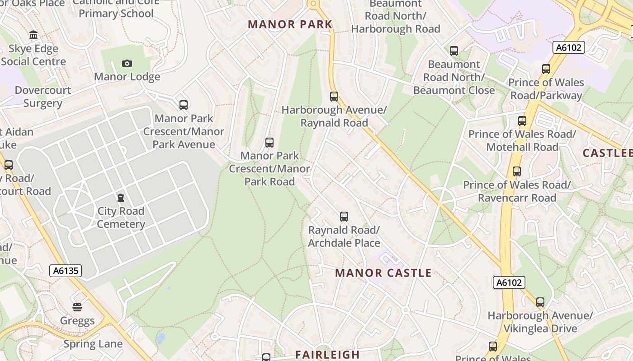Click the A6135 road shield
pos(66,271)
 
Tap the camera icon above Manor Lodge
pos(127,63)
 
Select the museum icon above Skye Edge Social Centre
pos(33,35)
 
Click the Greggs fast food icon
pos(77,307)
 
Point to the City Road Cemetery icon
pos(121,198)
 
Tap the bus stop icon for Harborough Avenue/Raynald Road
pos(334,96)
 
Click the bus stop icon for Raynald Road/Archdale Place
pos(344,217)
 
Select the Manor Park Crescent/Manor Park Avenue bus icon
pos(184,105)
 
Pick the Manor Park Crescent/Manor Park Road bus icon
pos(269,143)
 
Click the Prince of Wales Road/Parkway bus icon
pos(546,69)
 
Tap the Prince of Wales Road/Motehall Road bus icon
pos(522,121)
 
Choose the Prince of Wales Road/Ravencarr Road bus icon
pos(517,171)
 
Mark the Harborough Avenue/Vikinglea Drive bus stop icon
pos(540,302)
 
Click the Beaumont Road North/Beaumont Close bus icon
pos(454,51)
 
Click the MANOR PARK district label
pos(290,24)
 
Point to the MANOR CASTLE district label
pos(383,273)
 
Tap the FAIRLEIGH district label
pos(327,355)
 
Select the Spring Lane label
pos(93,344)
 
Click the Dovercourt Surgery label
pos(43,97)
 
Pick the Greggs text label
pos(77,321)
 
